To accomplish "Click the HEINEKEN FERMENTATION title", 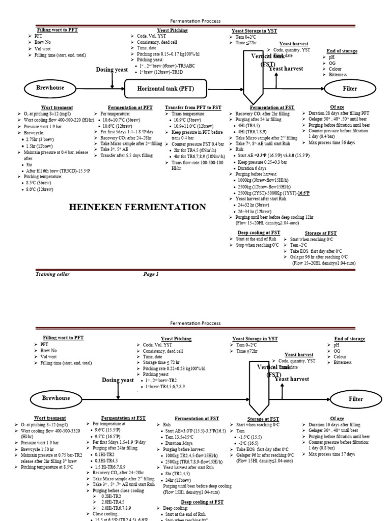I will click(134, 207).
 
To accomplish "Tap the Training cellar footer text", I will click(52, 274).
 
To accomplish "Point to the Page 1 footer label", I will click(151, 274).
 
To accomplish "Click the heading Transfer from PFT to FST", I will click(193, 107).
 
